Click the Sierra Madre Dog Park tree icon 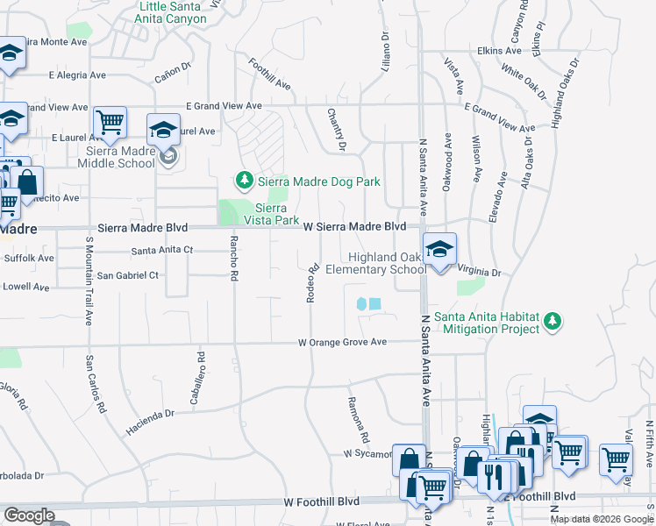[x=245, y=181]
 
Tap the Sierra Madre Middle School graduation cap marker [x=163, y=131]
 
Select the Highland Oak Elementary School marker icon [x=439, y=249]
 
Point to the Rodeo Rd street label [x=311, y=283]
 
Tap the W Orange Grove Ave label [x=342, y=342]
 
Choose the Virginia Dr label [x=478, y=273]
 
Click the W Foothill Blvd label [x=322, y=501]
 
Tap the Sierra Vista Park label [x=277, y=214]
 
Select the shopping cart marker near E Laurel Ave [x=111, y=123]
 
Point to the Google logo [x=29, y=515]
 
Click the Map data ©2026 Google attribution [x=601, y=519]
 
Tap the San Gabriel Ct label [x=127, y=275]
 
